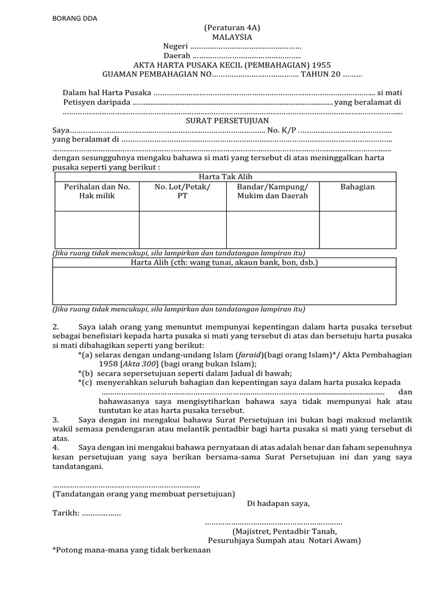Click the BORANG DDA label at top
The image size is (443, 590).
coord(75,18)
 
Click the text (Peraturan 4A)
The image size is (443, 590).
coord(228,28)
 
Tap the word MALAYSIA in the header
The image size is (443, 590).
coord(228,37)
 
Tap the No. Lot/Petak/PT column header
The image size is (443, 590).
coord(183,191)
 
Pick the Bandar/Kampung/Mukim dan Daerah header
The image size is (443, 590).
coord(273,191)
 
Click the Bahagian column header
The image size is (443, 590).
coord(358,187)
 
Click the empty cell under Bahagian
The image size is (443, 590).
coord(358,229)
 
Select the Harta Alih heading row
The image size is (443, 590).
coord(224,262)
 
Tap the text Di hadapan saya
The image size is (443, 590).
coord(278,503)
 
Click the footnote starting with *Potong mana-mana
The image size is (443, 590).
coord(132,550)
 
